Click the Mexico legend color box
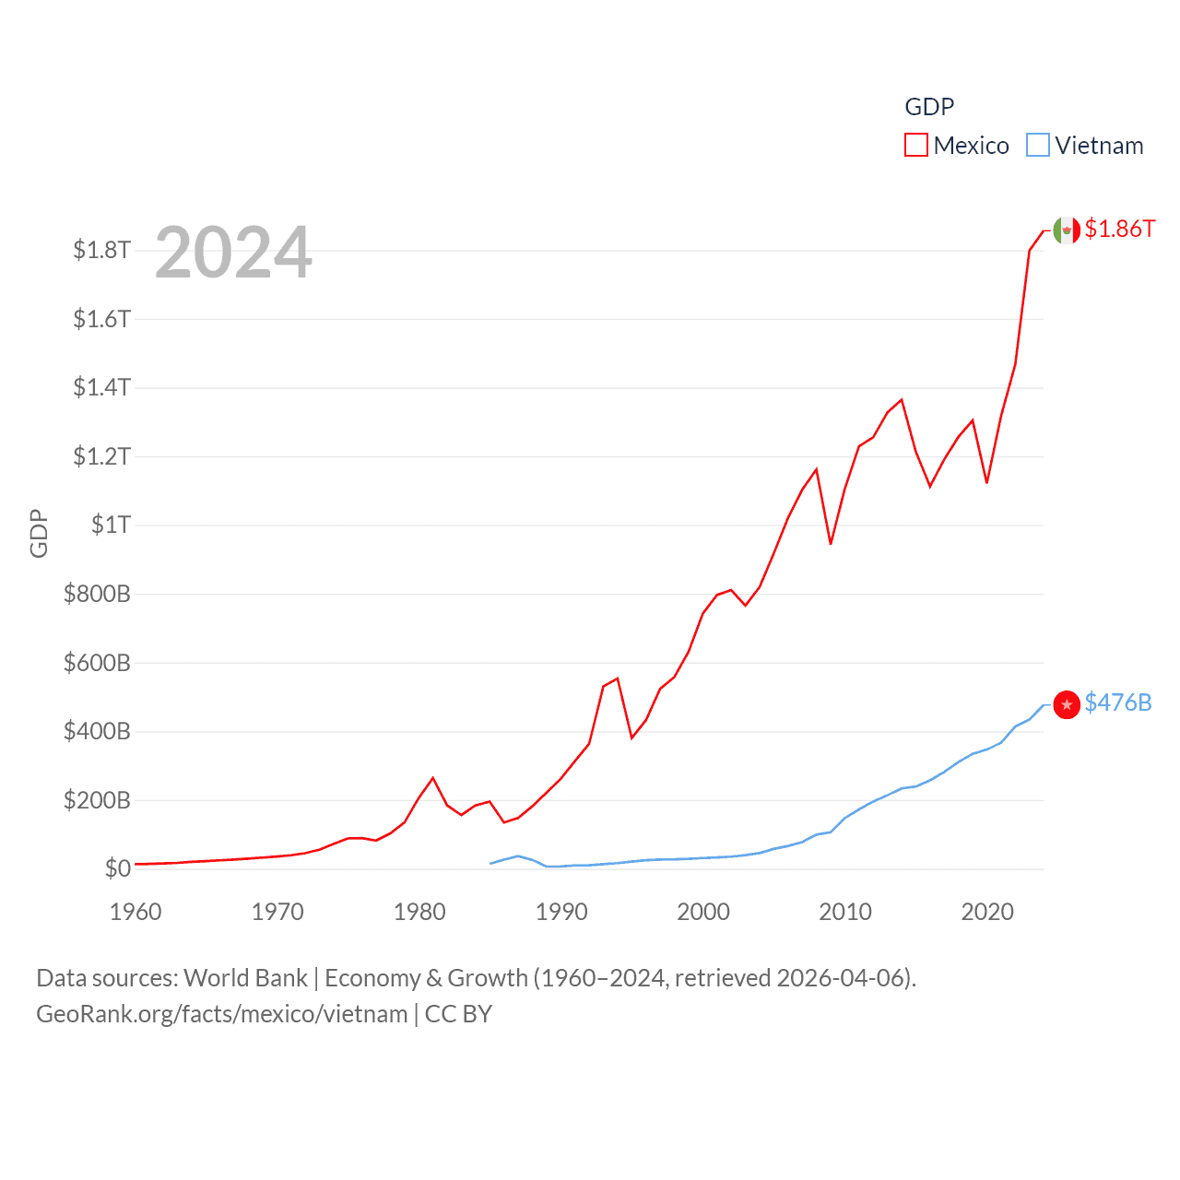[915, 146]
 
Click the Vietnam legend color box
[1038, 146]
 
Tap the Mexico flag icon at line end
[1067, 230]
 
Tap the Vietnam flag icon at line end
[1067, 704]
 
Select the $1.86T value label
[1119, 229]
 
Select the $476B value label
[1118, 702]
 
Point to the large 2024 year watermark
[233, 253]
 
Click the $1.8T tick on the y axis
[101, 250]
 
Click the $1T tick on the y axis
[111, 525]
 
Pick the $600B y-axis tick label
[97, 662]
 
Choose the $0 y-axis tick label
[117, 868]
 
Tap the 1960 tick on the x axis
[136, 912]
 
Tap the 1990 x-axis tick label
[561, 912]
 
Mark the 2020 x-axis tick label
[987, 912]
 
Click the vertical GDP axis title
[39, 533]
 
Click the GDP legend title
[929, 107]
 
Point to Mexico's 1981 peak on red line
[433, 778]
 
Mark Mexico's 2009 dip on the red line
[831, 543]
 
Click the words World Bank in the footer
[245, 977]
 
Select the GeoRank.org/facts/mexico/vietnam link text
[221, 1014]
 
